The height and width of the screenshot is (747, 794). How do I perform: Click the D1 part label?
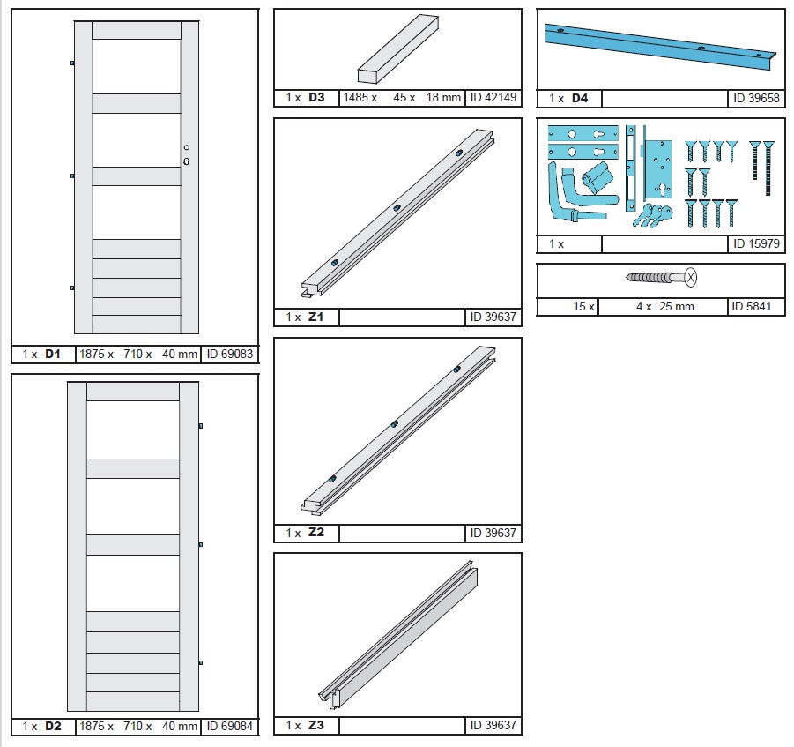53,354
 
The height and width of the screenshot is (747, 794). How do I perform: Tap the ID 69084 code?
229,726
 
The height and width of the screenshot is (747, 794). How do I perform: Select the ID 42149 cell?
493,97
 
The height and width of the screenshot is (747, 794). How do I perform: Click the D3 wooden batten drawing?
398,49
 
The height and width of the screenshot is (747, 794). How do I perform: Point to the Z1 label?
316,317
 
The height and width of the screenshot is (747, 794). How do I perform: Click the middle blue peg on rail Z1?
397,208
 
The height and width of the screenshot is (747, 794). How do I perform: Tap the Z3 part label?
316,725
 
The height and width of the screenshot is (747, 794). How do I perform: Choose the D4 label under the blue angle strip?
580,98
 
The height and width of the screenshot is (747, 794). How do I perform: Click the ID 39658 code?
756,98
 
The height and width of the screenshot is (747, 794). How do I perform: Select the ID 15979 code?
756,243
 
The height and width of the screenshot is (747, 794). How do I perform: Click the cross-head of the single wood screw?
691,277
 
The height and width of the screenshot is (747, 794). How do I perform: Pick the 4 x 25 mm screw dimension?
664,307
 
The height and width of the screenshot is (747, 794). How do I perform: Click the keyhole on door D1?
186,161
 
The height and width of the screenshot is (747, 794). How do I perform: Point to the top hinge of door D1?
72,63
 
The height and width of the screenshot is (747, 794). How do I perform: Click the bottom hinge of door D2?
201,663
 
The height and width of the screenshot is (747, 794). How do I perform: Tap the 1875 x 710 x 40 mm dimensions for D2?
138,726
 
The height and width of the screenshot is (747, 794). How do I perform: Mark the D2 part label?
53,726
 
